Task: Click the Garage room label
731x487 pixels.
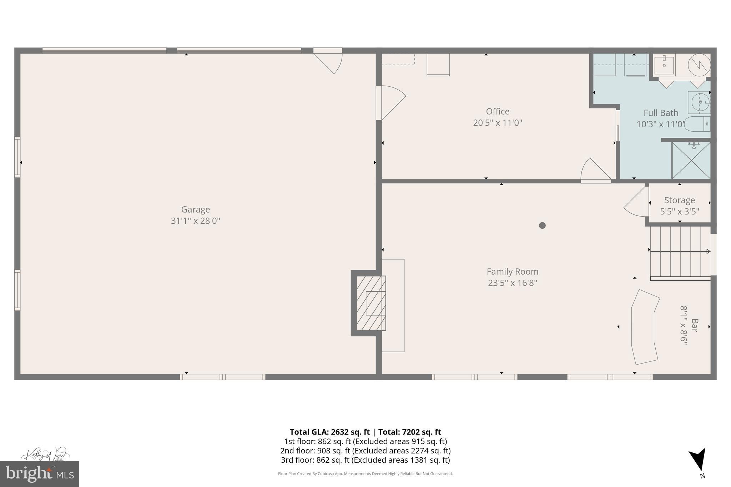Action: (x=195, y=209)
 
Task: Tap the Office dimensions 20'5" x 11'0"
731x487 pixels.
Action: (x=498, y=123)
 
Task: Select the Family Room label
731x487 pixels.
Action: (x=512, y=272)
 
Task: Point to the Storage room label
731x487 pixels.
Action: (x=679, y=200)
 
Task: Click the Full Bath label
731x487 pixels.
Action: (x=661, y=113)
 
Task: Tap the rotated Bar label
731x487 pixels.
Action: (x=694, y=325)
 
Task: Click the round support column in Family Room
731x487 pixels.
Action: (x=542, y=225)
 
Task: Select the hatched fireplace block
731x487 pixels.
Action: (x=371, y=303)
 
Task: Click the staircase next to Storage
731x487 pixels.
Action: (x=680, y=252)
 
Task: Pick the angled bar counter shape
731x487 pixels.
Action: (x=645, y=327)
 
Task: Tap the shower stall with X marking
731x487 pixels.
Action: (x=691, y=160)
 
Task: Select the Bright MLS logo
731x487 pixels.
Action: (x=40, y=474)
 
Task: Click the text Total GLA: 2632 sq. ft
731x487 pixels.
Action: (x=329, y=432)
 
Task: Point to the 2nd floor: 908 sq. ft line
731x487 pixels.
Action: (x=365, y=451)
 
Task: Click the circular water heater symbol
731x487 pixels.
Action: (x=699, y=65)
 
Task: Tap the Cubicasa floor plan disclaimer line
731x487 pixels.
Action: (x=365, y=474)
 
